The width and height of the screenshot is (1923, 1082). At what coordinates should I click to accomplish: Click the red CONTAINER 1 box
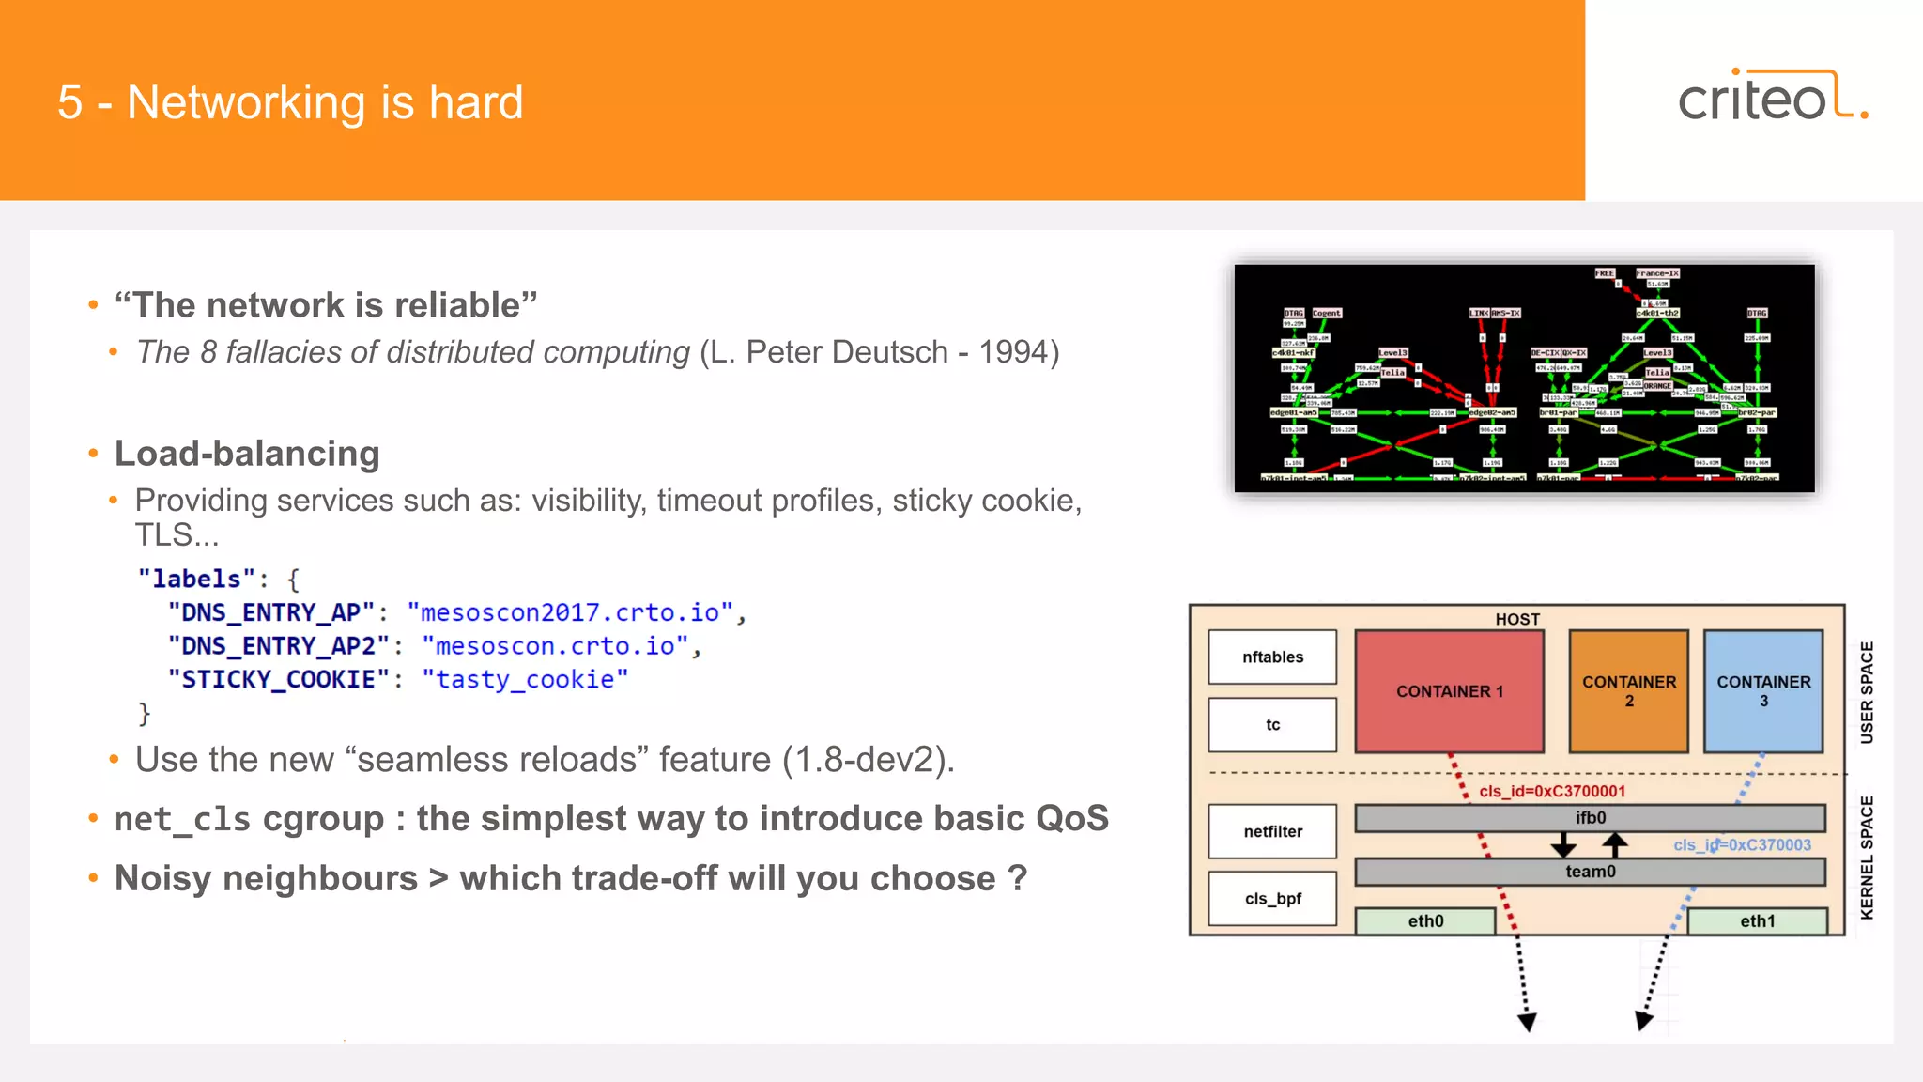coord(1449,691)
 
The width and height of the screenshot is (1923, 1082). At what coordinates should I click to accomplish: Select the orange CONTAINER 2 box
coord(1628,691)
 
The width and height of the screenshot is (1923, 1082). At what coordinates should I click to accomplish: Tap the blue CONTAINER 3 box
coord(1762,691)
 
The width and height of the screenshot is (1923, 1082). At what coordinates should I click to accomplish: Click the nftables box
coord(1272,657)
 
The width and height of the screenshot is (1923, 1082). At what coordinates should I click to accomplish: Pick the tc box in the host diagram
coord(1272,724)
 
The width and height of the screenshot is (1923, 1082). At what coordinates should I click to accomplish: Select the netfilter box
coord(1272,831)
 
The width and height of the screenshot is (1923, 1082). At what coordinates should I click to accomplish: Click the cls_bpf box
coord(1272,899)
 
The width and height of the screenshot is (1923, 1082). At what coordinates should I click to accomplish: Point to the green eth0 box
coord(1424,921)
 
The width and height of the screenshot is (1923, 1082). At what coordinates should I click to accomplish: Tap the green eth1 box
coord(1757,921)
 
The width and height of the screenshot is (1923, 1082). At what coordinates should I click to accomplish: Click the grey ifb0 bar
coord(1590,818)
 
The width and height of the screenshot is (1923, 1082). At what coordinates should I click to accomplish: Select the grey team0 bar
coord(1590,872)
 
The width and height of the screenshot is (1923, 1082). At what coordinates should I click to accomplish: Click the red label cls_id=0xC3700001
coord(1551,791)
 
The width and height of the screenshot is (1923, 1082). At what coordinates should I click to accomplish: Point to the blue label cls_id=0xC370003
coord(1742,844)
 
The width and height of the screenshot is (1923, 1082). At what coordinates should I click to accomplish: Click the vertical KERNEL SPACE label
coord(1867,857)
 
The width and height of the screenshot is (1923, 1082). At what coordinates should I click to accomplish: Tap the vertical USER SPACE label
coord(1867,692)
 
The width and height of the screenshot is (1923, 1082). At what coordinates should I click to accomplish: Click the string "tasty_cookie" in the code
coord(524,679)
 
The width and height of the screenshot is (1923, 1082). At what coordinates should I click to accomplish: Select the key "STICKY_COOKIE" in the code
coord(278,679)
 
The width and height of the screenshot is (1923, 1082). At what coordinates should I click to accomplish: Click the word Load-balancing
coord(247,454)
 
